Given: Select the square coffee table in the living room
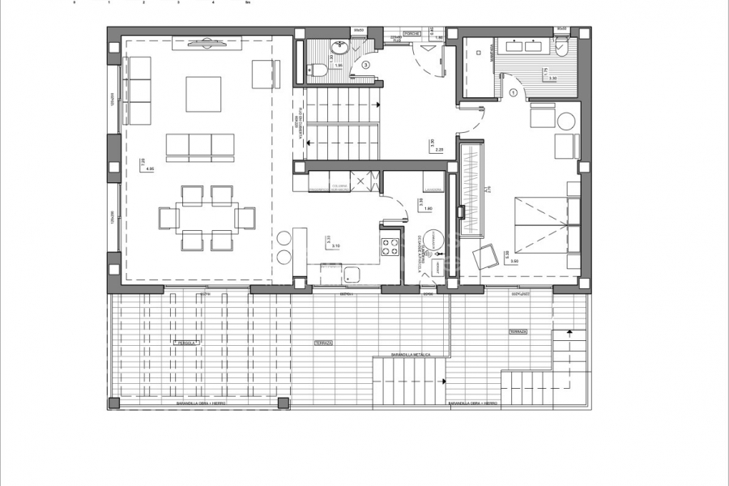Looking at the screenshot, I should pyautogui.click(x=203, y=94).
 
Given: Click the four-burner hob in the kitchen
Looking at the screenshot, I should pyautogui.click(x=390, y=245).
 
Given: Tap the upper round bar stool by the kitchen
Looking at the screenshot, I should pyautogui.click(x=284, y=238).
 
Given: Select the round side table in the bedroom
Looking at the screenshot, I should pyautogui.click(x=566, y=122).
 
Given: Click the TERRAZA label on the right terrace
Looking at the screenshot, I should pyautogui.click(x=518, y=332).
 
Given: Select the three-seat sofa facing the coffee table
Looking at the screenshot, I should pyautogui.click(x=200, y=145).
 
